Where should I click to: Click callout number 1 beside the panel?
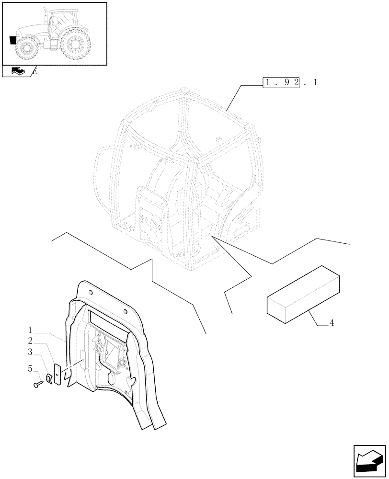(30, 330)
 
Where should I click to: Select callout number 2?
(30, 341)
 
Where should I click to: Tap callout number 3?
(30, 353)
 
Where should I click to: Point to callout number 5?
(30, 369)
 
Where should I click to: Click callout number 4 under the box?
(332, 323)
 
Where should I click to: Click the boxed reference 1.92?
(281, 82)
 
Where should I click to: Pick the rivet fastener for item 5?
(38, 383)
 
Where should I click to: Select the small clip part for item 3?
(48, 378)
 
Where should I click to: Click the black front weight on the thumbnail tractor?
(13, 40)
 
